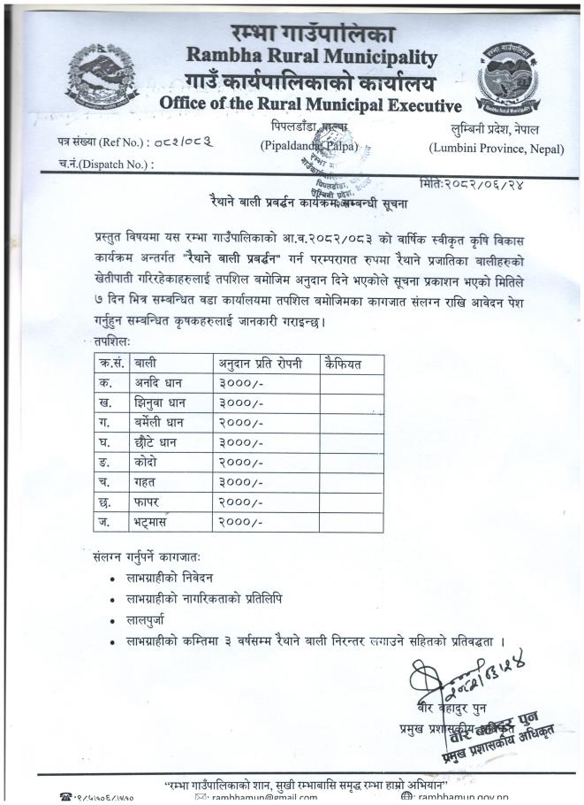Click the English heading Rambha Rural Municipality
pos(311,58)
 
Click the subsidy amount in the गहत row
pos(240,482)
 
